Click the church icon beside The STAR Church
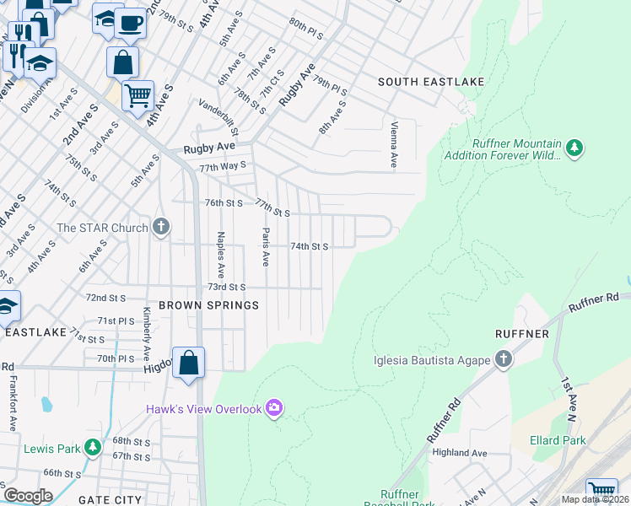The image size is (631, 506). [161, 227]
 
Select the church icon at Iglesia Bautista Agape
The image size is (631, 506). [503, 360]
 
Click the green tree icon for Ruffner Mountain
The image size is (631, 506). [574, 148]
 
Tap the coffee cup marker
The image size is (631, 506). [129, 24]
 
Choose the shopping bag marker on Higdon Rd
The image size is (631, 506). [189, 363]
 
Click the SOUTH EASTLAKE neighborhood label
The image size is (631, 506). [431, 81]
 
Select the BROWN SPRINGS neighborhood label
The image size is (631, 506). [208, 304]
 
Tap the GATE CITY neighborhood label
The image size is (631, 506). [110, 499]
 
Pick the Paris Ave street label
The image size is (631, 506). [265, 246]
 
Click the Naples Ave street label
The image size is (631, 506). [221, 256]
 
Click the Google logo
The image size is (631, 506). [27, 495]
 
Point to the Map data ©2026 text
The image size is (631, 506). [595, 499]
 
